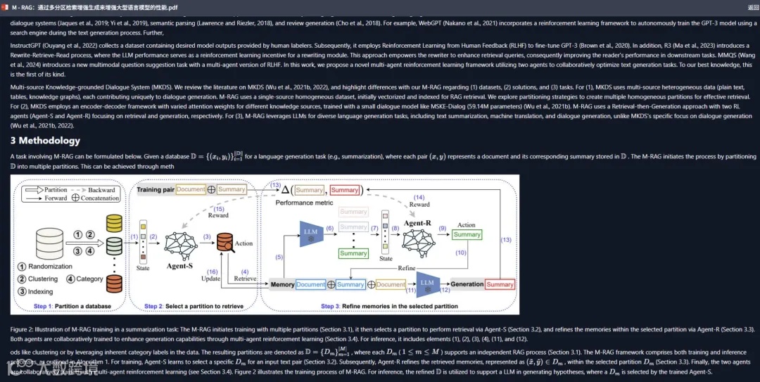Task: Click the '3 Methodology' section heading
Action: pyautogui.click(x=45, y=141)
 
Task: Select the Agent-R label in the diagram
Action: pyautogui.click(x=418, y=223)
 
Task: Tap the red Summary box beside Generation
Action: pyautogui.click(x=500, y=284)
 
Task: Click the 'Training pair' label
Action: pyautogui.click(x=155, y=190)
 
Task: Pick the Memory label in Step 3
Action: pyautogui.click(x=282, y=284)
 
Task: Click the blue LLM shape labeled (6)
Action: pyautogui.click(x=310, y=233)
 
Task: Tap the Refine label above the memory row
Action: pyautogui.click(x=407, y=268)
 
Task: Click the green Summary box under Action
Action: pyautogui.click(x=467, y=234)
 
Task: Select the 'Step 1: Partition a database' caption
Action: pyautogui.click(x=68, y=306)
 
